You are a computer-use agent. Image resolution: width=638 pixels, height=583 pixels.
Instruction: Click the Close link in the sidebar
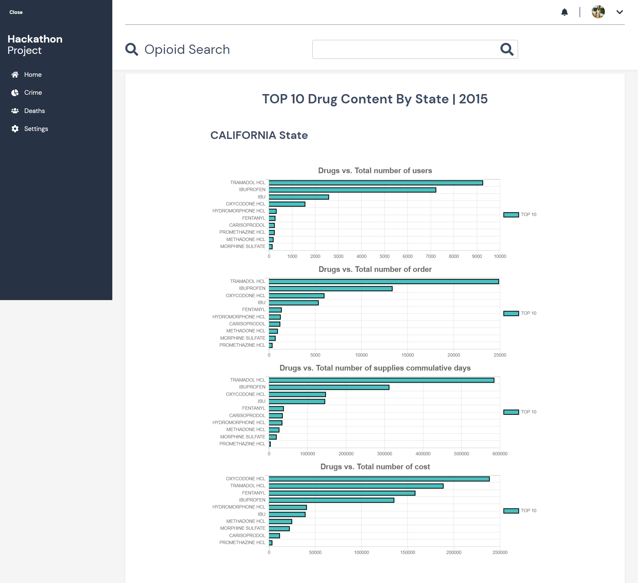(x=16, y=12)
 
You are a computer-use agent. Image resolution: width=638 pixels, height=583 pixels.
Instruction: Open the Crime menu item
(x=33, y=93)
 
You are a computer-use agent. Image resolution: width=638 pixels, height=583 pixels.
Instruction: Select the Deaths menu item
(x=34, y=111)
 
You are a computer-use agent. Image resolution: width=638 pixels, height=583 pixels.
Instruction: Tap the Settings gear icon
(x=15, y=129)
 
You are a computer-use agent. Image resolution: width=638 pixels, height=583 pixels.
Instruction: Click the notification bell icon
(x=564, y=12)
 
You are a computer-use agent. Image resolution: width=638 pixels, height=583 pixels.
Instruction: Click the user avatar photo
(x=598, y=12)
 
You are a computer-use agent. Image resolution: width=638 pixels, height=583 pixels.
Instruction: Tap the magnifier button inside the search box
(x=507, y=50)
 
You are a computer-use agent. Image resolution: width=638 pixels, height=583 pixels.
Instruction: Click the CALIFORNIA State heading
(x=259, y=135)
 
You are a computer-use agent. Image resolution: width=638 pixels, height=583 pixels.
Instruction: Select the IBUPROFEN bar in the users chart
(x=352, y=190)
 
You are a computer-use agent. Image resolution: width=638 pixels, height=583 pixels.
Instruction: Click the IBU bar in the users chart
(x=299, y=197)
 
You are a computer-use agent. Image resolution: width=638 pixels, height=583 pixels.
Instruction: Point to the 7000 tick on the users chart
(x=431, y=256)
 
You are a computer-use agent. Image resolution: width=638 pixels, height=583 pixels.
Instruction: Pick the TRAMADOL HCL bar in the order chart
(x=384, y=282)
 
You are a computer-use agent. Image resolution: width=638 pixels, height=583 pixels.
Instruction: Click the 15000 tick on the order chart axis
(x=407, y=355)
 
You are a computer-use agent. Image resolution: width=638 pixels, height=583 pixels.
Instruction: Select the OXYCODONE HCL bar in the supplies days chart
(x=297, y=395)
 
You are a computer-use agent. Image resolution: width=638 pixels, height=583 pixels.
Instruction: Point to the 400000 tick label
(x=423, y=454)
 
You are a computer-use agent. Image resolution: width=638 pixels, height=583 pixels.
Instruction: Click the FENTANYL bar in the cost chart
(x=342, y=493)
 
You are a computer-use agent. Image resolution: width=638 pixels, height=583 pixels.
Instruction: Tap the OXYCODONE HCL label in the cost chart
(x=245, y=479)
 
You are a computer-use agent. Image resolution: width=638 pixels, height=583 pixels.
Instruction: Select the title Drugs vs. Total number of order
(x=375, y=269)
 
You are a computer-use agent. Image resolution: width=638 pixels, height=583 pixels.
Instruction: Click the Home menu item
(x=33, y=75)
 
